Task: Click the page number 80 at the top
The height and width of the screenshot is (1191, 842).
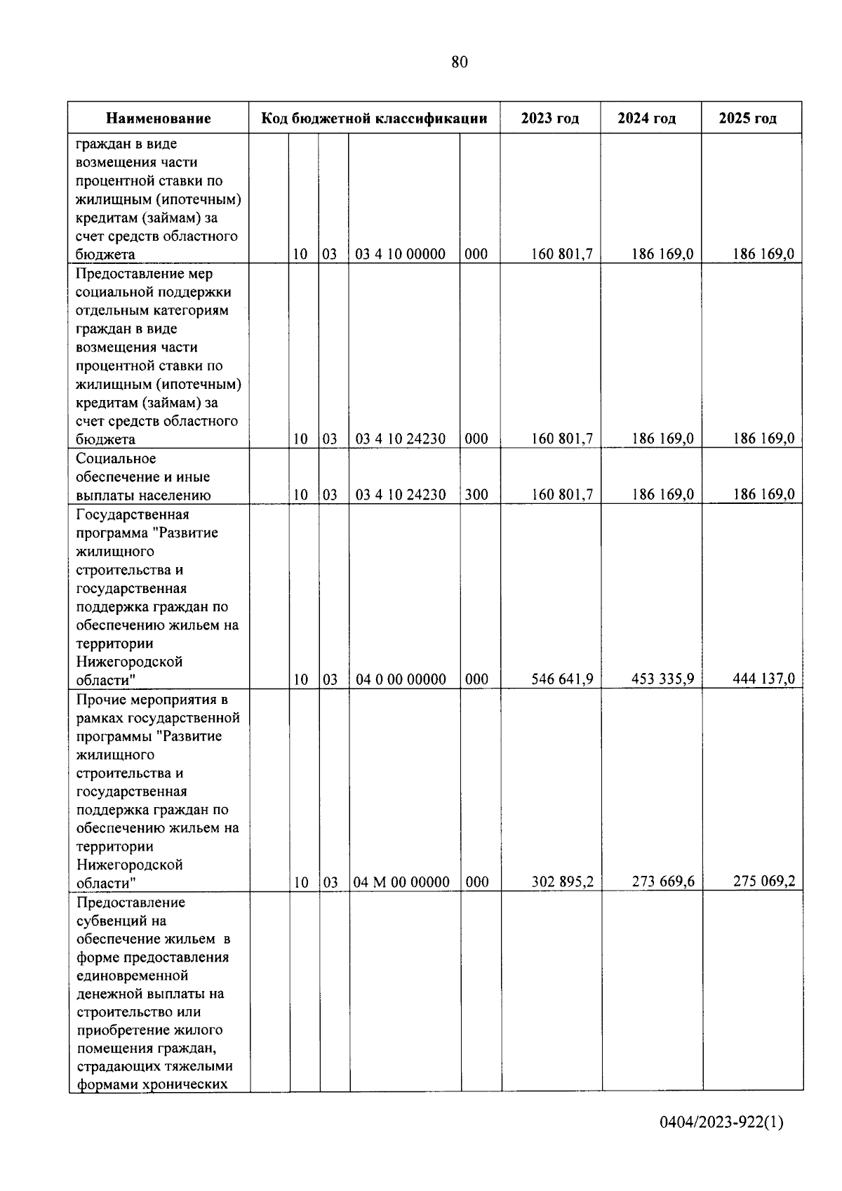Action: tap(460, 62)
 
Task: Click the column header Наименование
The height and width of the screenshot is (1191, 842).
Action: tap(159, 119)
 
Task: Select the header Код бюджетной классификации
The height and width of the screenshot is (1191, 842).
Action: tap(374, 119)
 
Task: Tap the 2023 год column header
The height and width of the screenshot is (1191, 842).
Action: tap(550, 119)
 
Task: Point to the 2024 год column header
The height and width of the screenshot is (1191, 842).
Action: tap(646, 119)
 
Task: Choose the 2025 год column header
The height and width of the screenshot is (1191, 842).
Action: tap(747, 119)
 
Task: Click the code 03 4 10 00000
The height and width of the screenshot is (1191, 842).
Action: tap(400, 254)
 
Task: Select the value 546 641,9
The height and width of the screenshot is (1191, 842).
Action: tap(562, 679)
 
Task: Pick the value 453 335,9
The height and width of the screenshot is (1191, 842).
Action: tap(662, 679)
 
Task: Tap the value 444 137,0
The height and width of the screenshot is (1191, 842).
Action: tap(763, 679)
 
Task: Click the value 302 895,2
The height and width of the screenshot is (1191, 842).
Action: tap(562, 882)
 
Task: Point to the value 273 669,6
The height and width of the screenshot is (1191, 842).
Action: tap(662, 882)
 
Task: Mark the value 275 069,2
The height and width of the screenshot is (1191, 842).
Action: tap(763, 882)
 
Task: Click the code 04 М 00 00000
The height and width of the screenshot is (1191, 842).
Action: tap(401, 882)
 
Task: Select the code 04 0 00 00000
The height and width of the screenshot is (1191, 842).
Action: tap(401, 679)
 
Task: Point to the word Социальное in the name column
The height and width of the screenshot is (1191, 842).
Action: tap(116, 459)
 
